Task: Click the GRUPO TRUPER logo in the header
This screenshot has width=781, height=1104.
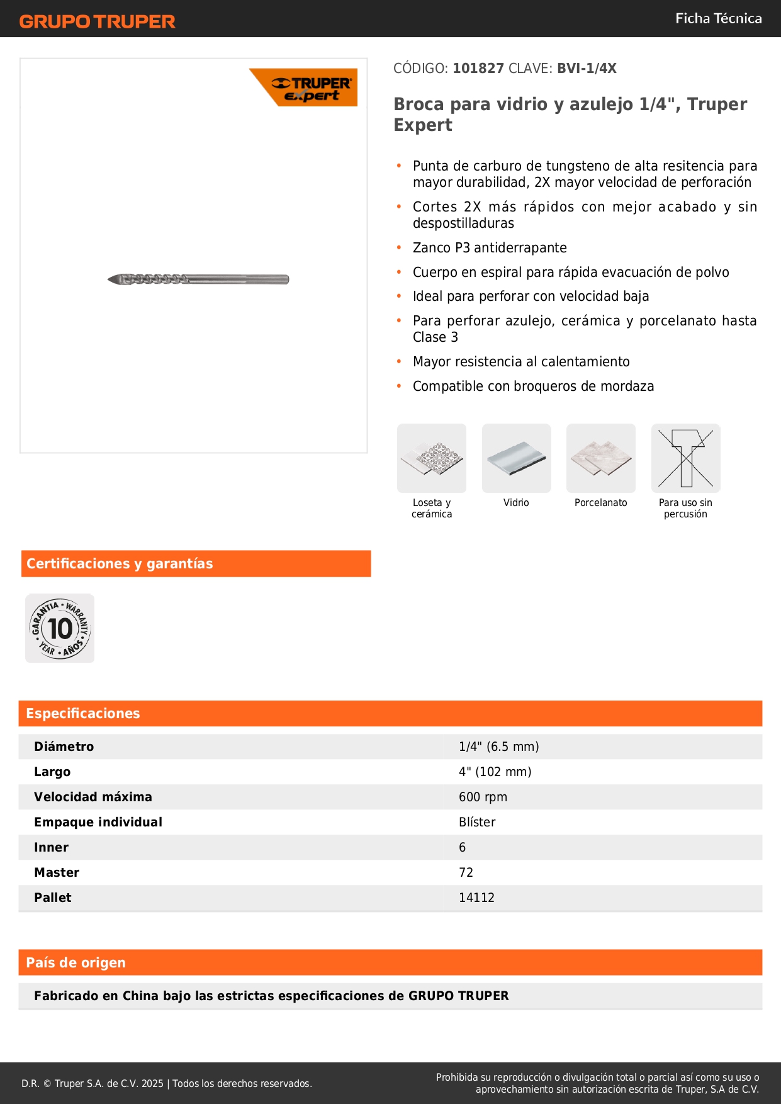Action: point(97,21)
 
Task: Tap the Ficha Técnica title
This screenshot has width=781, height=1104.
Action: point(718,18)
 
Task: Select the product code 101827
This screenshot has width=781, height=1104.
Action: point(478,69)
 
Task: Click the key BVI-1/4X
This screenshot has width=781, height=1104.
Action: point(587,69)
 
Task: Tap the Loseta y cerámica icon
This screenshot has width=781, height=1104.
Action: point(432,458)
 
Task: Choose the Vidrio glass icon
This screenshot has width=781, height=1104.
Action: point(516,458)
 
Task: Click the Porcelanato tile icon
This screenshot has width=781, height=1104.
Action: point(601,458)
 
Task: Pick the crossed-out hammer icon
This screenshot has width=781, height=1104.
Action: point(685,458)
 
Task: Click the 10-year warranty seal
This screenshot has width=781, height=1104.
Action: point(60,628)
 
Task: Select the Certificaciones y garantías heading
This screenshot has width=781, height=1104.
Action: point(120,563)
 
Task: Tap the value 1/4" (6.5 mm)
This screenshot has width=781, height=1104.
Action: point(498,746)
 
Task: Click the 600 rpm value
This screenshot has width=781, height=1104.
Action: point(483,797)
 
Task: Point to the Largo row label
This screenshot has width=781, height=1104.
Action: point(52,772)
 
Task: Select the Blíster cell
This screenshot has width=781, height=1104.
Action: point(477,822)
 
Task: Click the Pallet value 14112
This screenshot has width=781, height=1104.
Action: point(476,898)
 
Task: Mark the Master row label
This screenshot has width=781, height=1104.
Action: point(57,872)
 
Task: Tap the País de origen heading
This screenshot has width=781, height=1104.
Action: point(76,962)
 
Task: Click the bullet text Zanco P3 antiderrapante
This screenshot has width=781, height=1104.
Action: point(490,248)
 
